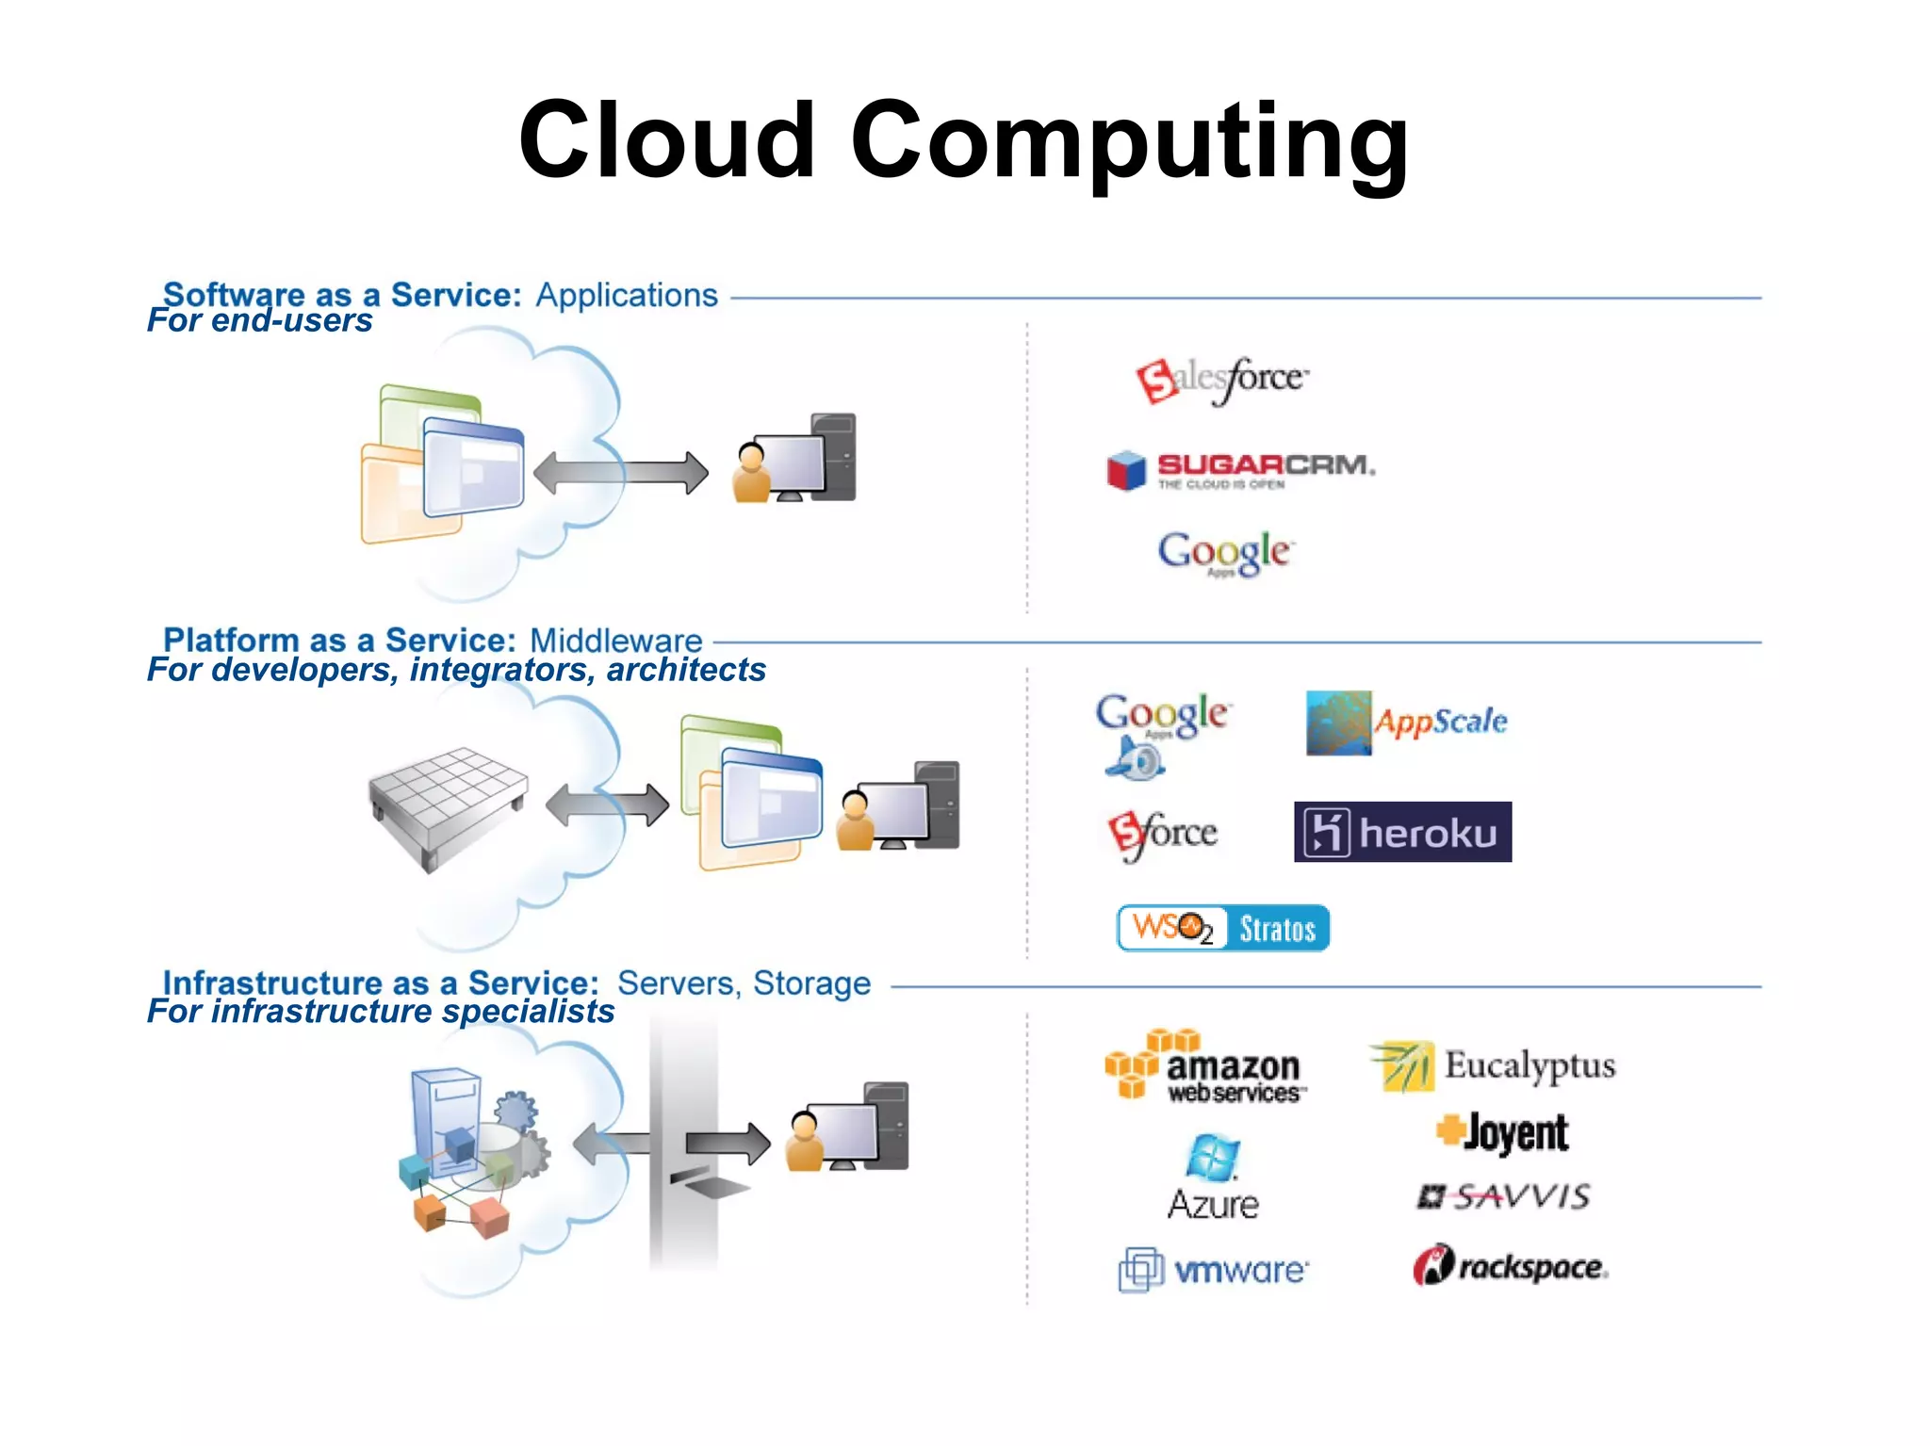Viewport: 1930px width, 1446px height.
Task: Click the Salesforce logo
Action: tap(1222, 380)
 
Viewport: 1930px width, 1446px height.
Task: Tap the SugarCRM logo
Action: tap(1240, 469)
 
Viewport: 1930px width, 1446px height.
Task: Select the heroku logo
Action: tap(1401, 832)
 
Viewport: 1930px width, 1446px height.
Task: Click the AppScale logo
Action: tap(1406, 723)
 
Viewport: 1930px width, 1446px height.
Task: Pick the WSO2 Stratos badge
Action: tap(1222, 928)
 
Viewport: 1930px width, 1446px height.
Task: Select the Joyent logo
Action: tap(1502, 1132)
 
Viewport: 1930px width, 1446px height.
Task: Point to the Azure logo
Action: tap(1212, 1178)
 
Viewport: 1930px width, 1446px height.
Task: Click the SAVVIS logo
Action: tap(1504, 1196)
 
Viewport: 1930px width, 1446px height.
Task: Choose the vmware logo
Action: tap(1213, 1270)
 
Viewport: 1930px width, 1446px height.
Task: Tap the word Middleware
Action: tap(615, 641)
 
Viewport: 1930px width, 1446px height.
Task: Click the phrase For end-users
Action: tap(259, 321)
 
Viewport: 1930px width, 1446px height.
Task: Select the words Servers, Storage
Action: tap(744, 983)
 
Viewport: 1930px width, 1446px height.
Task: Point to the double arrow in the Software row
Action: tap(620, 473)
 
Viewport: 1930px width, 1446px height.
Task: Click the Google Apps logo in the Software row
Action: tap(1224, 553)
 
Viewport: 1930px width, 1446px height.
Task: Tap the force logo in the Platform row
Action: tap(1162, 834)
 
